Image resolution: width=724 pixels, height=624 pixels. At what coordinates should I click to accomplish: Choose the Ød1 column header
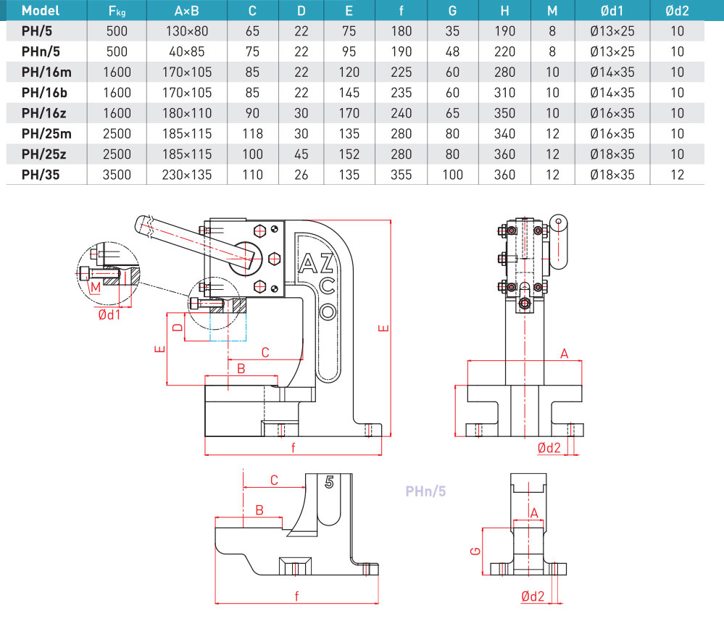(x=612, y=11)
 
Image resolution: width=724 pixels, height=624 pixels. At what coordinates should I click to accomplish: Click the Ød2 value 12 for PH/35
(x=677, y=175)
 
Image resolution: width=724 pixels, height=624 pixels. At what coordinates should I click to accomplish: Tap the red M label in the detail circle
(x=94, y=287)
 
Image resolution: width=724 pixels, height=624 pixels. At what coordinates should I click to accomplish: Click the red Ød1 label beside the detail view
(x=109, y=314)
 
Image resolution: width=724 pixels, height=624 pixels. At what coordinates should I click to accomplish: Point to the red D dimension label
(x=176, y=327)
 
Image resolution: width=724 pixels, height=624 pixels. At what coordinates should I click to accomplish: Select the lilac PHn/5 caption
(x=425, y=491)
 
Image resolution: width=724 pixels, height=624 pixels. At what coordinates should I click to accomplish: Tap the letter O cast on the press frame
(x=328, y=312)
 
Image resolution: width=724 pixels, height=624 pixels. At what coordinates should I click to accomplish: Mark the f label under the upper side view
(x=294, y=447)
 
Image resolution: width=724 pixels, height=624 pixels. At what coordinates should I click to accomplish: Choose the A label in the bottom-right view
(x=534, y=512)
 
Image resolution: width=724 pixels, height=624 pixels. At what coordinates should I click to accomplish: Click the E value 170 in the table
(x=349, y=113)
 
